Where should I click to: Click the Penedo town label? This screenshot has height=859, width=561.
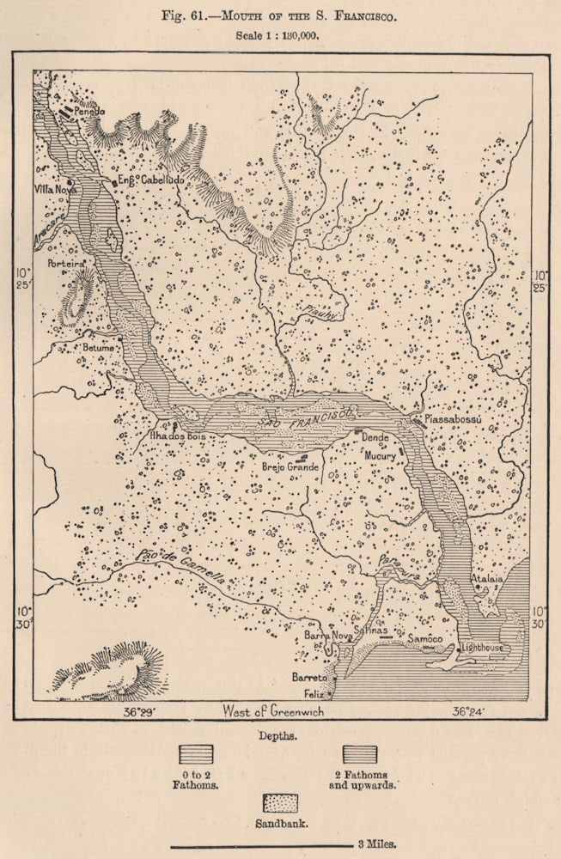click(88, 113)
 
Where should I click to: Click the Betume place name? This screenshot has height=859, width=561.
click(97, 348)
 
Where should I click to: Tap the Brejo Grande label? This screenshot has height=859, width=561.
click(290, 467)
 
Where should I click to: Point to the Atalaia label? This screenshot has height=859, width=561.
click(486, 580)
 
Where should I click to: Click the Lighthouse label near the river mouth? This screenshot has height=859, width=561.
click(482, 647)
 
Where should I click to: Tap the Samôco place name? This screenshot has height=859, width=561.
click(424, 638)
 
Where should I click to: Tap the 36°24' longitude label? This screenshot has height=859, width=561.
click(471, 711)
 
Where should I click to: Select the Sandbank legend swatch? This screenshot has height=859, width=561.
click(279, 803)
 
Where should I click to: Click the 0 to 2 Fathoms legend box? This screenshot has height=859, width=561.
click(196, 753)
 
